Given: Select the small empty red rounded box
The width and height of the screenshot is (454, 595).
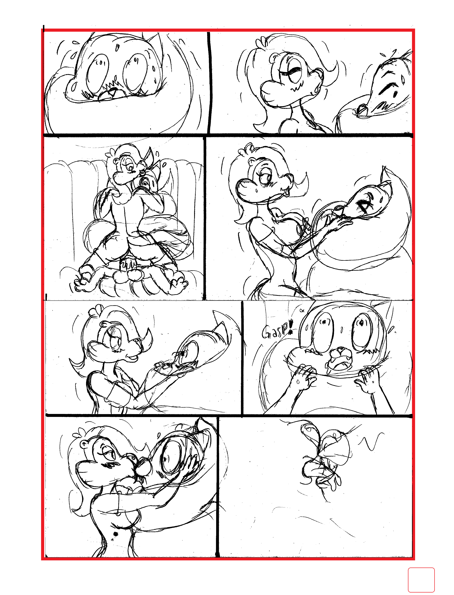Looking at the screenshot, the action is click(421, 580).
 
